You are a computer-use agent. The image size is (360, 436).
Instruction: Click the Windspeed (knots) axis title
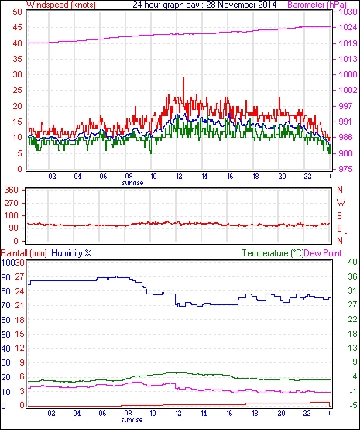tap(60, 5)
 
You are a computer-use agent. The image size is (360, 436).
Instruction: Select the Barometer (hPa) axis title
tap(317, 5)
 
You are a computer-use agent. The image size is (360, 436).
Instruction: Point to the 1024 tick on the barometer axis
tap(348, 27)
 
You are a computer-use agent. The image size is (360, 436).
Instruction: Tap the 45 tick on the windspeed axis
tap(17, 27)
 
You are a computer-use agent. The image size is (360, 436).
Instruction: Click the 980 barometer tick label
tap(346, 153)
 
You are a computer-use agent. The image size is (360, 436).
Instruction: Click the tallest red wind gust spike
tap(183, 78)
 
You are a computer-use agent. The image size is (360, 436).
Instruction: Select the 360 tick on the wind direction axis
tap(12, 190)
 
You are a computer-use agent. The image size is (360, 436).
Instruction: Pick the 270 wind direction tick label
tap(12, 203)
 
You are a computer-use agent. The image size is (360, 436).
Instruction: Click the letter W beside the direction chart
tap(341, 203)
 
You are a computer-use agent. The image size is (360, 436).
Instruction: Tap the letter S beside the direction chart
tap(339, 215)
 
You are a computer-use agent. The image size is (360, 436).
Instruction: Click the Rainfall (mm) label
tap(24, 253)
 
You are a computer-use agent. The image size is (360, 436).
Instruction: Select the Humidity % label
tap(71, 253)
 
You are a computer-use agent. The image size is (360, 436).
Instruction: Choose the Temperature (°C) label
tap(273, 253)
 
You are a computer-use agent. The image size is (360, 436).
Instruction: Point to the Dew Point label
tap(323, 253)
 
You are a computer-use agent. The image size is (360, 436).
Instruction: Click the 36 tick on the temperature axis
tap(352, 276)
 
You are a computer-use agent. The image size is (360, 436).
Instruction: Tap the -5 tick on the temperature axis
tap(353, 405)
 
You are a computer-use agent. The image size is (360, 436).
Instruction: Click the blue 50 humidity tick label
tap(6, 335)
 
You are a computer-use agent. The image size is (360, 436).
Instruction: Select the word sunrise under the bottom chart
tap(132, 419)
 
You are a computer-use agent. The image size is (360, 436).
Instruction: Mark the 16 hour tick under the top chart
tap(230, 177)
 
